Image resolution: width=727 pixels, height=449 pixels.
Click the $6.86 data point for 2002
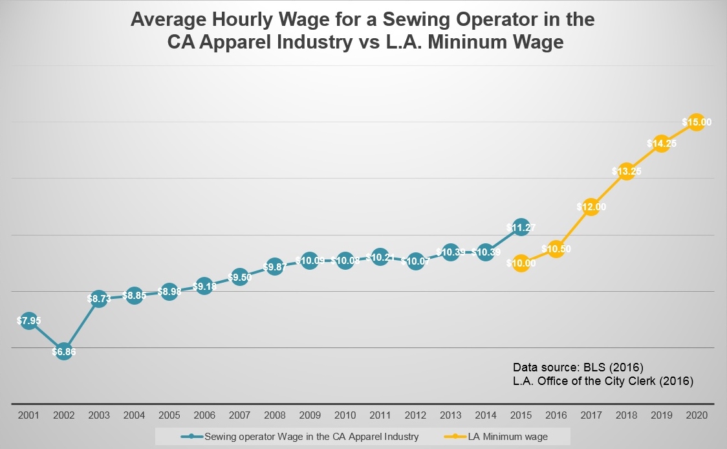pos(63,351)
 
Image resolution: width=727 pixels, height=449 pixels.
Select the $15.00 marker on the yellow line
pos(696,122)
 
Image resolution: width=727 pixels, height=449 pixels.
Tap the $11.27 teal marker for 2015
pos(521,227)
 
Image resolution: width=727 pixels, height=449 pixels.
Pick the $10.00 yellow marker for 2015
pos(521,263)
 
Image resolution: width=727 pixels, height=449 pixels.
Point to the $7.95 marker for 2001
pos(28,320)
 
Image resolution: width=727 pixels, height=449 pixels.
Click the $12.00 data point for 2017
pos(591,207)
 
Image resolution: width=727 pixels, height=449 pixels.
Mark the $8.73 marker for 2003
pos(98,299)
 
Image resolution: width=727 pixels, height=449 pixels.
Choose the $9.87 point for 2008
pos(274,267)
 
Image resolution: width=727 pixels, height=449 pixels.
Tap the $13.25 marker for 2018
pos(625,171)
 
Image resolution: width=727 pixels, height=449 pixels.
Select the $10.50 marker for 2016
pos(556,248)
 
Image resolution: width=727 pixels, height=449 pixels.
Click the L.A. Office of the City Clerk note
pos(603,381)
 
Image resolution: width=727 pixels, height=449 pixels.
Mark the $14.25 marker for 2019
pos(661,144)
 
